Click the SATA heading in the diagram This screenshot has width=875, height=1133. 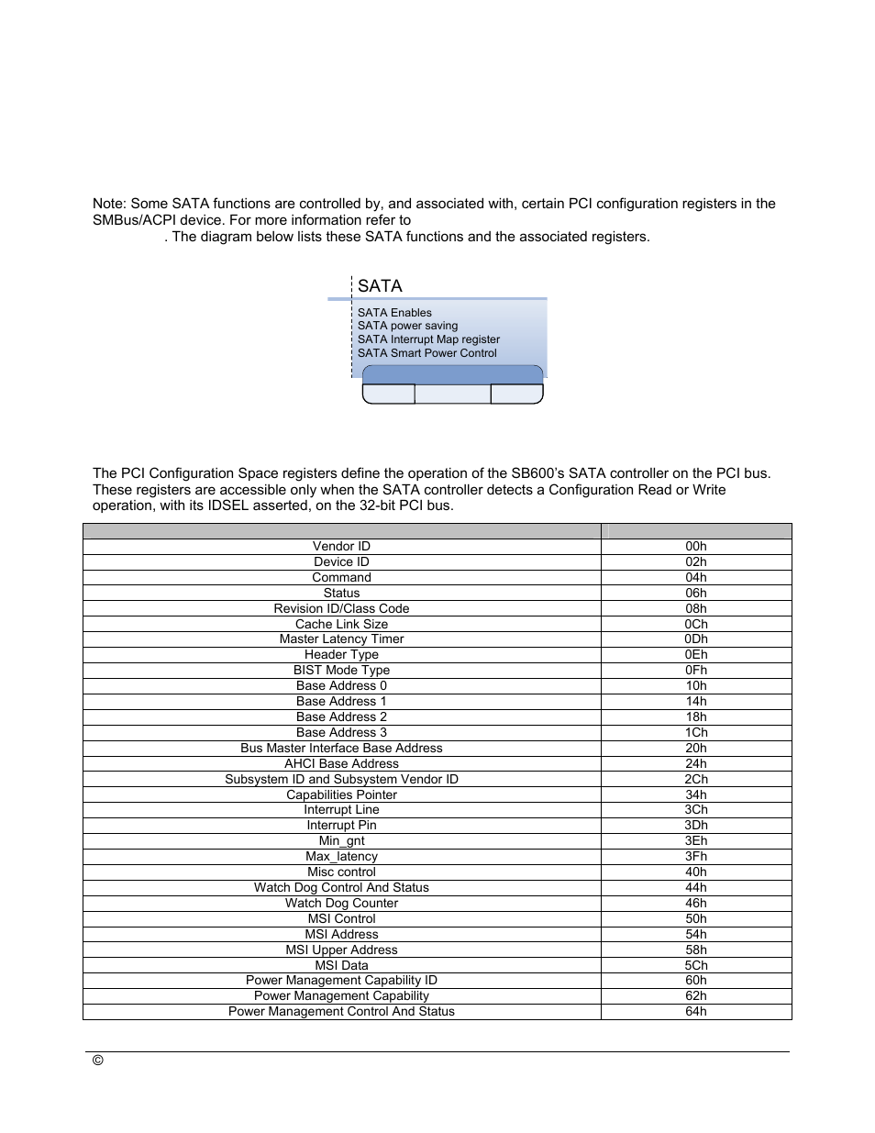click(x=380, y=286)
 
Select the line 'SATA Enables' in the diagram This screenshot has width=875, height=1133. click(x=394, y=313)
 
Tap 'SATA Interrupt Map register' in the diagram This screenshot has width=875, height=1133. click(x=428, y=339)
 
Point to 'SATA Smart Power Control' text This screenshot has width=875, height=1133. click(x=426, y=353)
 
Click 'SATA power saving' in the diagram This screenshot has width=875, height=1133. click(x=407, y=326)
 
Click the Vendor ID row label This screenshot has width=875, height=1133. click(x=341, y=547)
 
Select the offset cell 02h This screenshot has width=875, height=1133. click(x=695, y=562)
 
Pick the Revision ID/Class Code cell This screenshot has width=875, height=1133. click(x=341, y=609)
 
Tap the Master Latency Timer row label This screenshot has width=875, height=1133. click(x=341, y=639)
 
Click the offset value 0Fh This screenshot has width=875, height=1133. click(x=695, y=671)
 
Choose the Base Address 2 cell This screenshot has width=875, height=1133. click(x=341, y=717)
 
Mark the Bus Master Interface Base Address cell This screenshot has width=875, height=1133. click(x=341, y=749)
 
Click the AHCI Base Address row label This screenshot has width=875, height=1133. click(x=341, y=764)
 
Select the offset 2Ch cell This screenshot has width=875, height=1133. click(x=695, y=780)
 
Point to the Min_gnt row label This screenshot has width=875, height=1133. click(x=341, y=841)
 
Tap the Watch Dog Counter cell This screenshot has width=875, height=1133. click(x=341, y=904)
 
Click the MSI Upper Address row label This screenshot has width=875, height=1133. click(x=341, y=950)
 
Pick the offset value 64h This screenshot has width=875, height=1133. click(x=695, y=1012)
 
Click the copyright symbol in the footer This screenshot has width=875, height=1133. click(x=98, y=1061)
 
